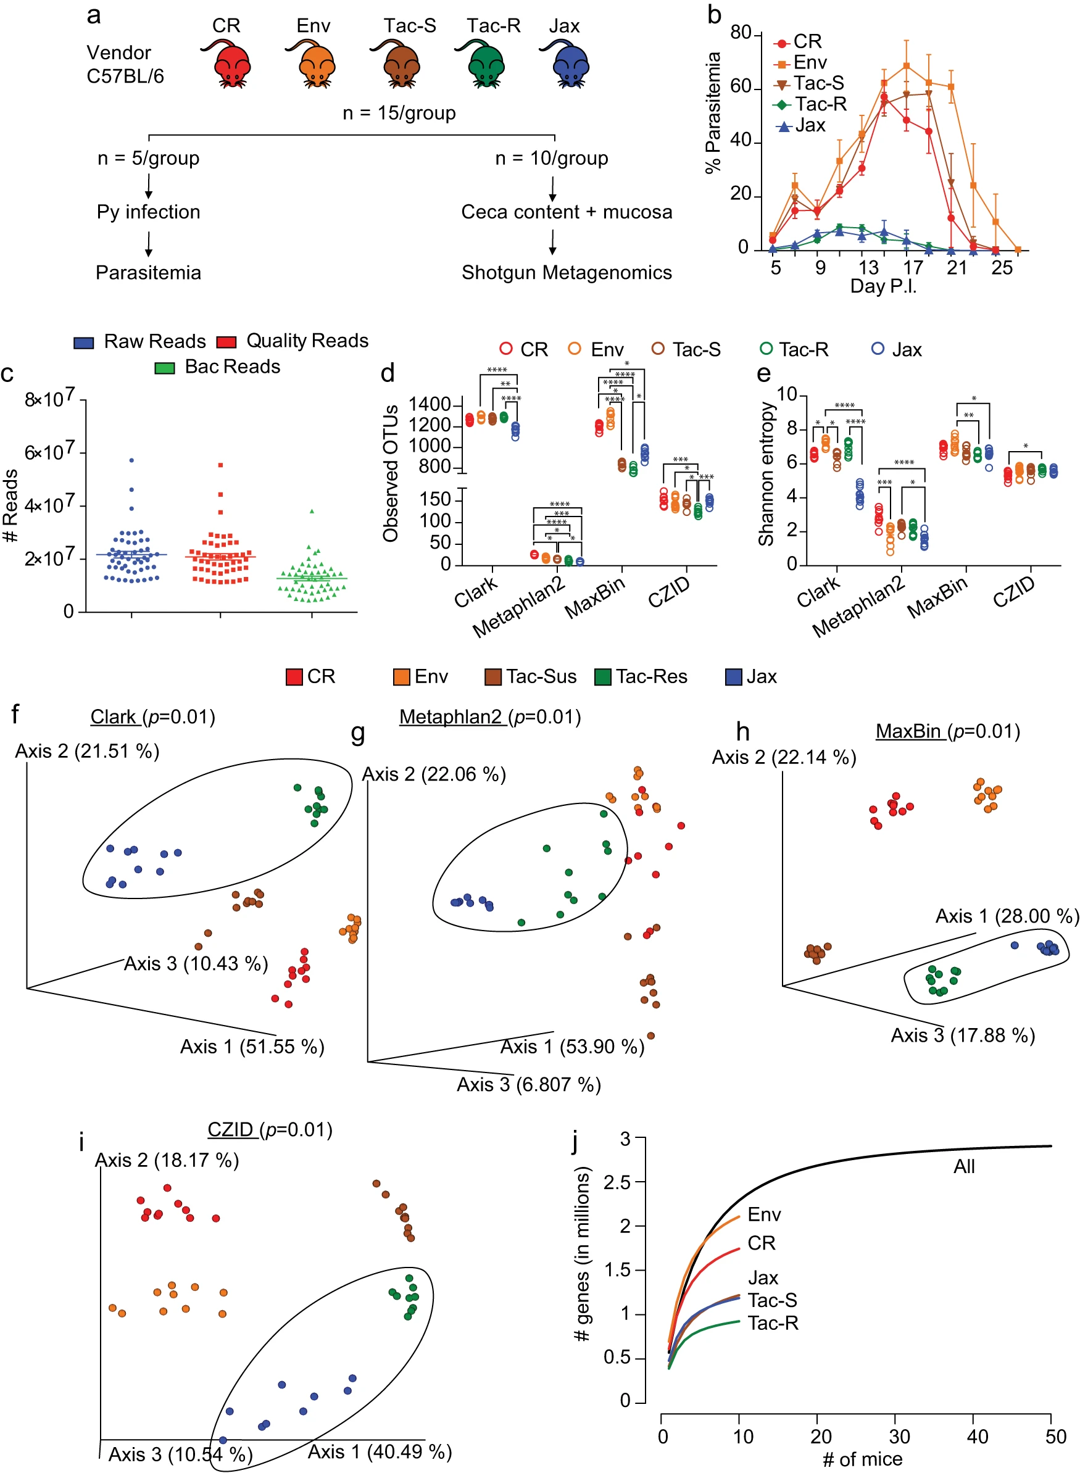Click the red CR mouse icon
click(x=228, y=64)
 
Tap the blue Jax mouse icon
click(x=567, y=64)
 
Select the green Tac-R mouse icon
click(x=482, y=64)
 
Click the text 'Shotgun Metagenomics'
click(x=567, y=273)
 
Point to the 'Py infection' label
click(x=148, y=212)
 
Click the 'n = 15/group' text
click(x=399, y=113)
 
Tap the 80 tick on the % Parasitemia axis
click(x=741, y=33)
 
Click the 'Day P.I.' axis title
click(x=883, y=286)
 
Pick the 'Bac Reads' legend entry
click(x=218, y=367)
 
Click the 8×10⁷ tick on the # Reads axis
click(x=50, y=398)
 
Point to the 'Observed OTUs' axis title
click(x=391, y=474)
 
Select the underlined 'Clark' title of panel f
click(x=113, y=717)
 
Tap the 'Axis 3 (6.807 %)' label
click(x=529, y=1085)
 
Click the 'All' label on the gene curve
click(x=964, y=1166)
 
